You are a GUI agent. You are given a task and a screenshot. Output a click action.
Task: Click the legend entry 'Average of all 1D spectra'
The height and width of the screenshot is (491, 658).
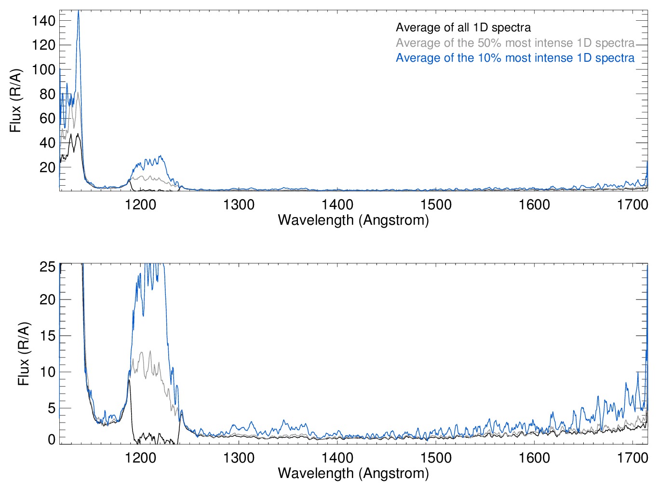pos(463,27)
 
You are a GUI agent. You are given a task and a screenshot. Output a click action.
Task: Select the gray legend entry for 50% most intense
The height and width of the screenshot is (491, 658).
pos(515,43)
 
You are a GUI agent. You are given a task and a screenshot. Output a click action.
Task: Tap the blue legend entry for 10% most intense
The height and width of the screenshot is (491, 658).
pos(515,58)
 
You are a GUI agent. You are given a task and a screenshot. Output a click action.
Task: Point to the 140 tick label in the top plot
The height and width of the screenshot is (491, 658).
pos(43,21)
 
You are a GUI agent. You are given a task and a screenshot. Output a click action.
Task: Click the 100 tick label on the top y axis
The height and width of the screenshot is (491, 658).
pos(43,69)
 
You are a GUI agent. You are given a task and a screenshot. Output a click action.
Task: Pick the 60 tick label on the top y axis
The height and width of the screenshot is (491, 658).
pos(47,118)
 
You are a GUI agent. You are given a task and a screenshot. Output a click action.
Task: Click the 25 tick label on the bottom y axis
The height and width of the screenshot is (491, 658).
pos(47,267)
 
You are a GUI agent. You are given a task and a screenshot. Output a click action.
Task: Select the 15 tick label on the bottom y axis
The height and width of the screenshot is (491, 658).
pos(47,336)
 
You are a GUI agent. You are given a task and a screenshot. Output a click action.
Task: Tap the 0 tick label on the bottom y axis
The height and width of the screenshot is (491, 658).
pos(52,439)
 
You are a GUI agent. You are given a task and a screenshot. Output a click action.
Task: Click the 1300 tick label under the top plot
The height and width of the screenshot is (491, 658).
pos(239,205)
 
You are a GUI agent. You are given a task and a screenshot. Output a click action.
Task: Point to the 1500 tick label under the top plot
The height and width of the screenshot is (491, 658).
pos(436,205)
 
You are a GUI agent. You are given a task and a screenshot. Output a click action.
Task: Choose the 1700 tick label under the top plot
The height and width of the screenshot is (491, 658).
pos(632,205)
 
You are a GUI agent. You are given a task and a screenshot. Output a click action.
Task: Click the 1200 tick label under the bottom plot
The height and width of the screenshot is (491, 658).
pos(141,458)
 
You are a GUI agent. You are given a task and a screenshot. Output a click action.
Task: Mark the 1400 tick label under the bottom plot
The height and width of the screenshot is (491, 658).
pos(337,458)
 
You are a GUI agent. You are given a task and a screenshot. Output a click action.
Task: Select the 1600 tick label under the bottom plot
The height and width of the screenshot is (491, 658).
pos(534,458)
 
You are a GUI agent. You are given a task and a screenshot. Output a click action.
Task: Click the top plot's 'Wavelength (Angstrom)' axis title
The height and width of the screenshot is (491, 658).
pos(353,220)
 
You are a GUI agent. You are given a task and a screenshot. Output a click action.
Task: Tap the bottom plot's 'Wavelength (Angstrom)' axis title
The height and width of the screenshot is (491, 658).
pos(353,473)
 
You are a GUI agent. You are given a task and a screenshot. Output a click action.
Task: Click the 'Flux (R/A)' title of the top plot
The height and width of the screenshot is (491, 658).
pos(15,100)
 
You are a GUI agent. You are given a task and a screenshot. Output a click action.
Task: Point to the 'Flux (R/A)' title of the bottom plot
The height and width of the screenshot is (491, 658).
pos(24,354)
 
